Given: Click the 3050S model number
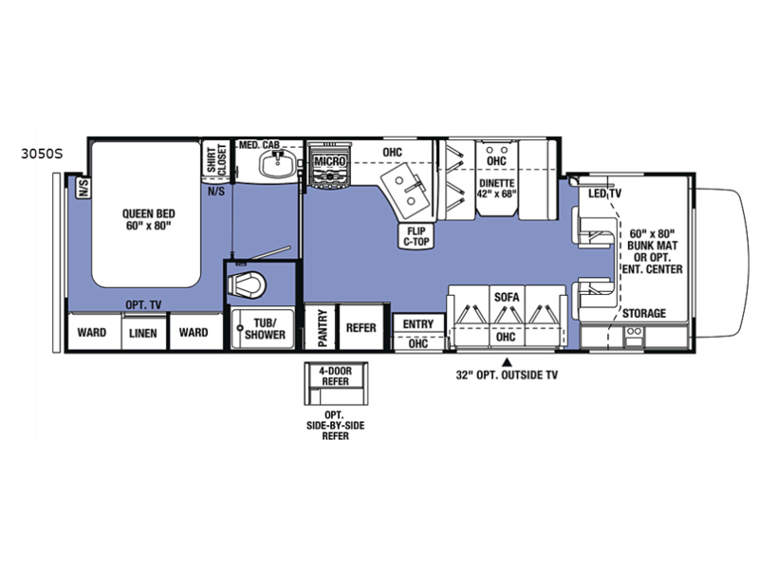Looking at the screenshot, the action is coord(42,154).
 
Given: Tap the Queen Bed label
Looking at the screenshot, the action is coord(149,220).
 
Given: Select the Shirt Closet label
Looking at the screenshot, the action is coord(216,158).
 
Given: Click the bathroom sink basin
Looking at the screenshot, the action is coord(276,164).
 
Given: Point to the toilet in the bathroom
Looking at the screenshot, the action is coord(248,284).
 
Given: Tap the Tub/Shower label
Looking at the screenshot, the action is coord(265,328).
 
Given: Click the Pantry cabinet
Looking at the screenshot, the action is coord(321,326).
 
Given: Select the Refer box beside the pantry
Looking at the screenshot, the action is coord(361,326).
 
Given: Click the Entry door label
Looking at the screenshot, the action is coord(418,324).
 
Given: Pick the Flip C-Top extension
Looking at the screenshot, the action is coord(416,236).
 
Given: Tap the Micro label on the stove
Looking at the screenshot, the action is coord(330,161).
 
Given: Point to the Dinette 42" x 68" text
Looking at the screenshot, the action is coord(496,188).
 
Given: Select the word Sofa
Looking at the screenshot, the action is coord(507,297).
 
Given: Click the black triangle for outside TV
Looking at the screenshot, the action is coord(507,361).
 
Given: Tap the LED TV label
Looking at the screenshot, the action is coord(604,193).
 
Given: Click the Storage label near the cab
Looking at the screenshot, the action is coord(644,313).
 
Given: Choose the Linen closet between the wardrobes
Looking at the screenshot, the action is coord(143,333).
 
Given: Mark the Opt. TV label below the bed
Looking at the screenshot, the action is coord(143,304).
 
